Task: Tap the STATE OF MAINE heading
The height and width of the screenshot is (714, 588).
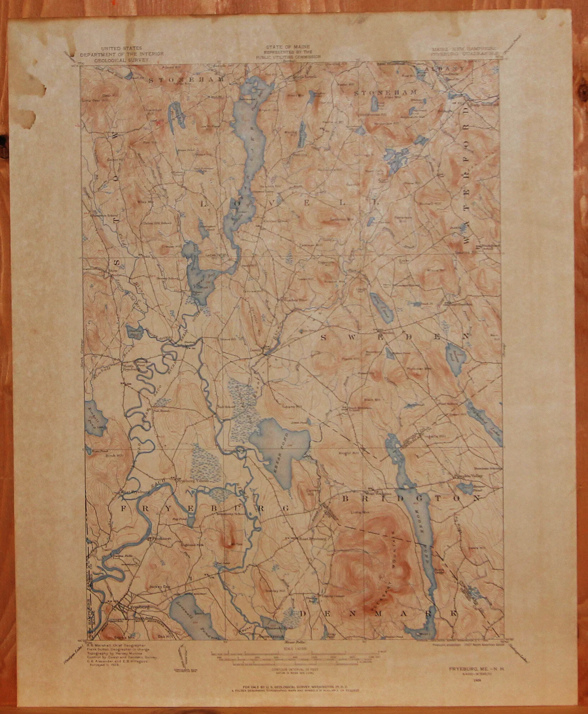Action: (x=287, y=47)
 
